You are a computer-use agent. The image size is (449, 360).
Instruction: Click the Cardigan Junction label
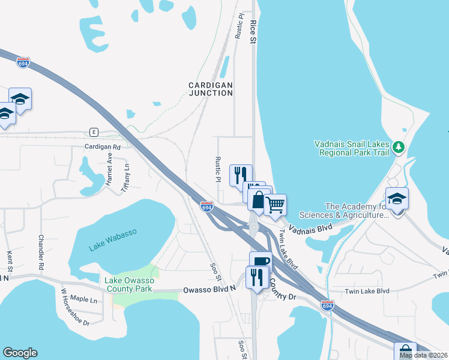pyautogui.click(x=210, y=89)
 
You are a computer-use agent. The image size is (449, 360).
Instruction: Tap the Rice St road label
pyautogui.click(x=253, y=31)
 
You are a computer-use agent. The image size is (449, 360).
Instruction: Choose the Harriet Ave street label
pyautogui.click(x=110, y=170)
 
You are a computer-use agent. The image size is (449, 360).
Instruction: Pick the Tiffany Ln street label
pyautogui.click(x=125, y=178)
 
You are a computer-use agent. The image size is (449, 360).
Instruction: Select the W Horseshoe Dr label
pyautogui.click(x=75, y=315)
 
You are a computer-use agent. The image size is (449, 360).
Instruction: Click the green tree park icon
pyautogui.click(x=397, y=146)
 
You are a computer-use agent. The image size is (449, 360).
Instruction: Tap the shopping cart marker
pyautogui.click(x=275, y=205)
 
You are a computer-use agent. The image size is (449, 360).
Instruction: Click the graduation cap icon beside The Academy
pyautogui.click(x=397, y=198)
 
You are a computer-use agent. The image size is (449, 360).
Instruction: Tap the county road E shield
pyautogui.click(x=93, y=131)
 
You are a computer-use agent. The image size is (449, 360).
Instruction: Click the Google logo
pyautogui.click(x=20, y=353)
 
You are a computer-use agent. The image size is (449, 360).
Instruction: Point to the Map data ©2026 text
pyautogui.click(x=423, y=355)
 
